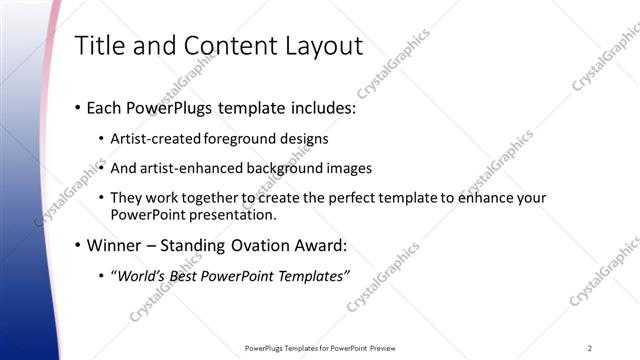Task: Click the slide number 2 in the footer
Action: (x=590, y=348)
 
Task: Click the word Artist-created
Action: (x=156, y=138)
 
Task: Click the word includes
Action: (x=322, y=107)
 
